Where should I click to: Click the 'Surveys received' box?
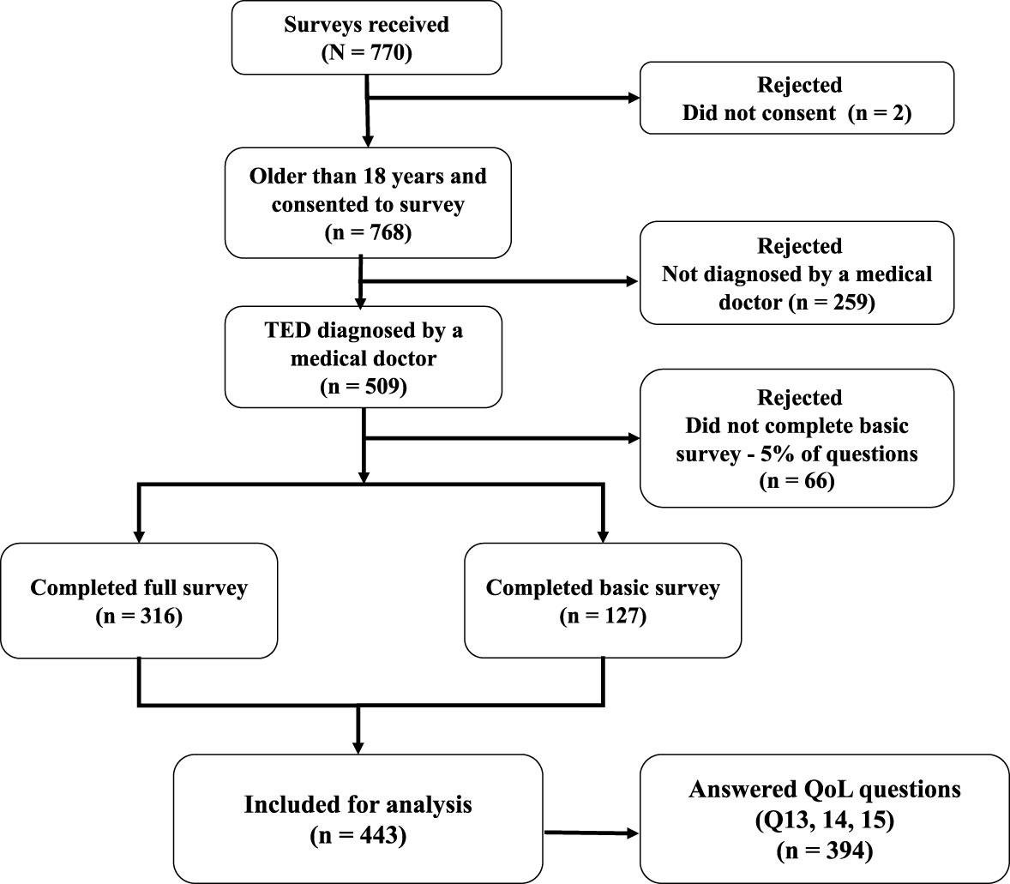[x=366, y=37]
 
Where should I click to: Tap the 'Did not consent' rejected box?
[x=797, y=98]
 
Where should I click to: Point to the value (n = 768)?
[x=370, y=232]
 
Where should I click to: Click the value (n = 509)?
[x=363, y=386]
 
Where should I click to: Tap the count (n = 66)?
[x=797, y=482]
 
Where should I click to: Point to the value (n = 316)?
[x=139, y=616]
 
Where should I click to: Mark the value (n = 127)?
[x=603, y=616]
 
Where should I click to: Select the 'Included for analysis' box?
[x=358, y=819]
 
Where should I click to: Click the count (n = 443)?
[x=358, y=834]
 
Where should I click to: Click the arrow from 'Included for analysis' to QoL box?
[x=592, y=833]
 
